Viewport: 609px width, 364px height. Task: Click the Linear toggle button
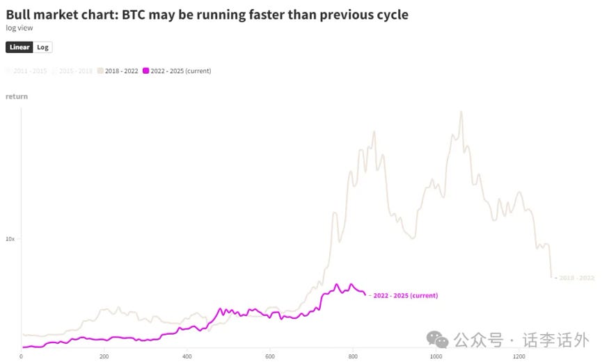point(19,47)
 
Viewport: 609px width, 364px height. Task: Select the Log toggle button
point(42,47)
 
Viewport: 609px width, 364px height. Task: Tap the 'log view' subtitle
point(19,28)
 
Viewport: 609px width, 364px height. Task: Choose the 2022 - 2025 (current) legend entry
point(177,71)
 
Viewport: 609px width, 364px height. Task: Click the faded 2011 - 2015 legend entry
point(26,71)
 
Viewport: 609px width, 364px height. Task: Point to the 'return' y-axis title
point(17,97)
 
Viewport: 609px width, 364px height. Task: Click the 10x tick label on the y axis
point(10,239)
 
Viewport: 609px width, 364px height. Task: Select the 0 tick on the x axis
point(21,356)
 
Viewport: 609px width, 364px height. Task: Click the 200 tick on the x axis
point(104,356)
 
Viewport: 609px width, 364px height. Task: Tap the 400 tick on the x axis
point(187,356)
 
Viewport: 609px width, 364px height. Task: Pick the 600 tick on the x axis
point(270,356)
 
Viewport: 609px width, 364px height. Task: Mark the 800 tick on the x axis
point(353,356)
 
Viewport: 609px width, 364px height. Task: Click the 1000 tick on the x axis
point(436,356)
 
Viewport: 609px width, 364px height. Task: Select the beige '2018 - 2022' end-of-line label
point(577,278)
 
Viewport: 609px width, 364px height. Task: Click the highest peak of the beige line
point(460,111)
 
